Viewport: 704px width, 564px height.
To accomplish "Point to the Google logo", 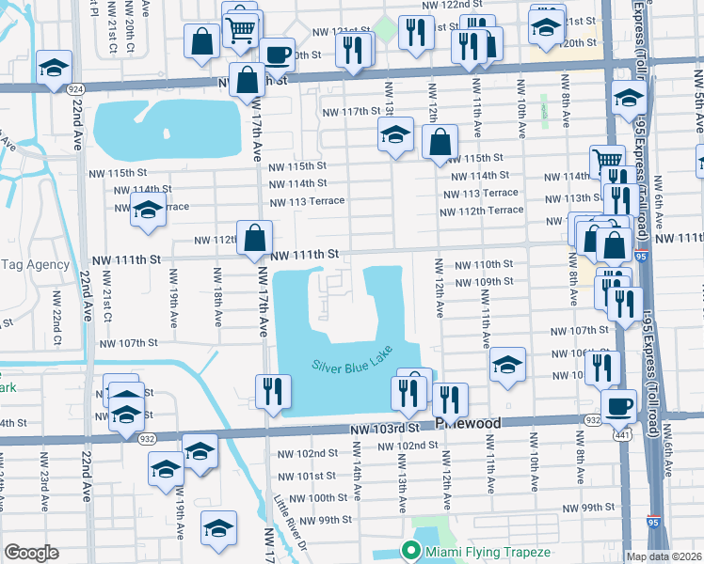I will [x=31, y=553].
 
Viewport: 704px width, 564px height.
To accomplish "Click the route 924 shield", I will [x=74, y=87].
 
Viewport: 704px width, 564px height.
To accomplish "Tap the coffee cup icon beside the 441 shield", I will [x=618, y=405].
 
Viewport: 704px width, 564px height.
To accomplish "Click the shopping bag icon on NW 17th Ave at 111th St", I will [x=255, y=238].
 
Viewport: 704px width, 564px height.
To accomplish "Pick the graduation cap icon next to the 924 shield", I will [x=55, y=67].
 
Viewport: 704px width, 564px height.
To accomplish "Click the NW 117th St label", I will [x=347, y=112].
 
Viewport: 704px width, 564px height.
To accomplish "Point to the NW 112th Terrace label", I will [x=481, y=210].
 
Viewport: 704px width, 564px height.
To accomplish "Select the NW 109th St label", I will [x=484, y=282].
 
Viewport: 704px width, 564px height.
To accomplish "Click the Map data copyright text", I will [x=664, y=556].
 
